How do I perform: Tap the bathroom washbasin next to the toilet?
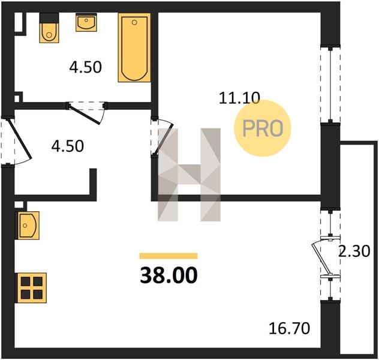click(86, 22)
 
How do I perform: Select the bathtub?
click(134, 47)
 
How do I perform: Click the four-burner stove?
click(31, 288)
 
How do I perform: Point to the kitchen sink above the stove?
click(28, 226)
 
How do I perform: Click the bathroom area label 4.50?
click(85, 67)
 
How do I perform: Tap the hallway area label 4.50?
click(68, 146)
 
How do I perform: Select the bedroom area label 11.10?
click(239, 98)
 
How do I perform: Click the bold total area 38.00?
click(169, 275)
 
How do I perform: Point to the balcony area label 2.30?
click(354, 251)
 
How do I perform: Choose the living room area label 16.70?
click(289, 328)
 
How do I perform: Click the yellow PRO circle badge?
click(263, 128)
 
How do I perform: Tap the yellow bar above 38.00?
click(169, 256)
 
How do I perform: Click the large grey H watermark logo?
click(189, 175)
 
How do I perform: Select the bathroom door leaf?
click(84, 113)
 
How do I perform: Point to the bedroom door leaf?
click(164, 140)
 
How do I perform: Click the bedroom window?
click(330, 84)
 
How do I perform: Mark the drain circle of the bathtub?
click(135, 22)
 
